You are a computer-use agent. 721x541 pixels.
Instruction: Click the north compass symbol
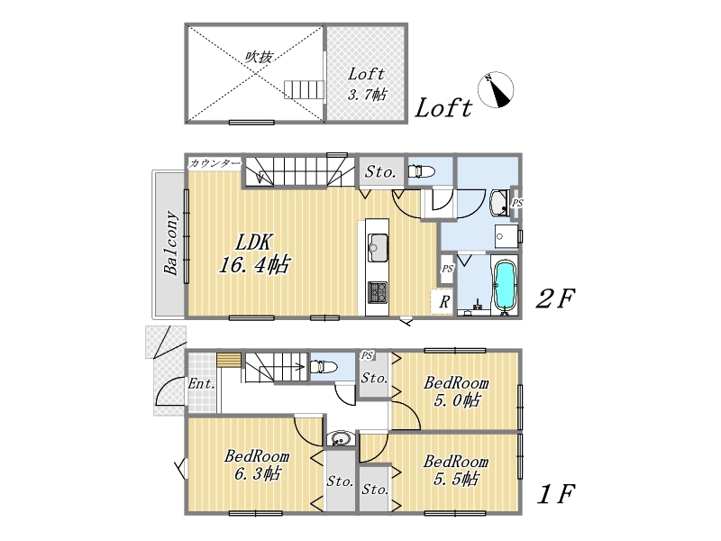click(496, 90)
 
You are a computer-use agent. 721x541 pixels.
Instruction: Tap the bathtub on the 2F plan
click(505, 286)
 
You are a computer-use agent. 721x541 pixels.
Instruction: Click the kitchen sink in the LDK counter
click(378, 248)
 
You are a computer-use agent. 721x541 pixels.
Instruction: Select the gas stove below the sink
click(377, 292)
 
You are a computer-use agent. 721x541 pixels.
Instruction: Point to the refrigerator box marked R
click(443, 302)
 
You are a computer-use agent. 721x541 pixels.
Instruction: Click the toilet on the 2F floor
click(421, 171)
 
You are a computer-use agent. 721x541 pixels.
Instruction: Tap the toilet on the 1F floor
click(324, 367)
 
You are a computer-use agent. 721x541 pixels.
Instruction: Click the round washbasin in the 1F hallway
click(341, 438)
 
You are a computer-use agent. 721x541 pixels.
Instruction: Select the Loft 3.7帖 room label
click(367, 84)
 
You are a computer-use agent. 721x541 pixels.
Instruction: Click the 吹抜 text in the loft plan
click(259, 57)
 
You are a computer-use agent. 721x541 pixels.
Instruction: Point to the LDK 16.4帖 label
click(254, 253)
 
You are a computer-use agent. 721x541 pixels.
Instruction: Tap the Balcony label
click(170, 243)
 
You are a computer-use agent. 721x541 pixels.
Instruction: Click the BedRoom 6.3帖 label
click(257, 464)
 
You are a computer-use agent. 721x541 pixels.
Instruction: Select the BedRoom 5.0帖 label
click(456, 391)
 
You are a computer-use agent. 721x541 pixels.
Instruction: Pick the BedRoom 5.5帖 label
click(456, 470)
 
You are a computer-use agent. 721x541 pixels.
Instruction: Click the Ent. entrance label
click(201, 383)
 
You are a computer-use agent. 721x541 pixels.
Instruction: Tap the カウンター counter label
click(214, 163)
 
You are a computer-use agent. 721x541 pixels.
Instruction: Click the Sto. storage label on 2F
click(380, 172)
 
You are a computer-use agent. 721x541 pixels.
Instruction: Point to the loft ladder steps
click(305, 89)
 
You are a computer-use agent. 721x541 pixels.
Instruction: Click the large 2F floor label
click(555, 299)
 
